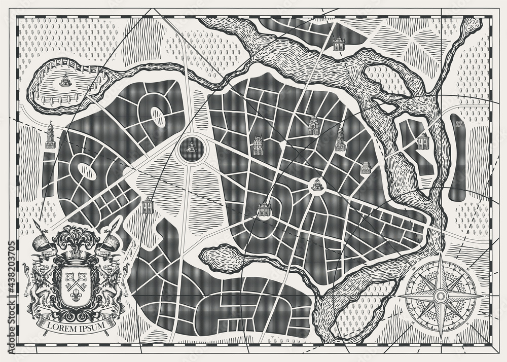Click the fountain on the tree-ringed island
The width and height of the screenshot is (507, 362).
[64, 80]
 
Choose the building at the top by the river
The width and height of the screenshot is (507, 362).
[339, 44]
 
